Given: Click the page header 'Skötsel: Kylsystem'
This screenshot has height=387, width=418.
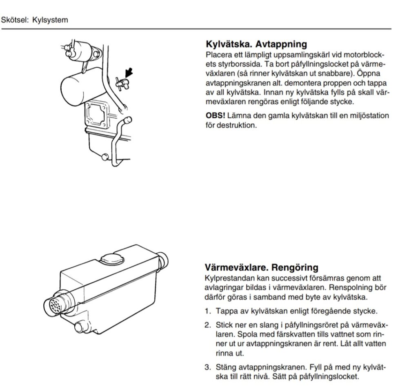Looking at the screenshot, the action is (34, 20).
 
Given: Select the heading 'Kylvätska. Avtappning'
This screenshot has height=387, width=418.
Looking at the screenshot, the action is (256, 44).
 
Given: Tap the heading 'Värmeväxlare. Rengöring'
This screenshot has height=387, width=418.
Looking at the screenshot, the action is (262, 267).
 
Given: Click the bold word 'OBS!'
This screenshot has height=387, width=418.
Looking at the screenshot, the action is (216, 116).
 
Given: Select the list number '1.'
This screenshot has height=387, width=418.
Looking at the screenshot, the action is (208, 311).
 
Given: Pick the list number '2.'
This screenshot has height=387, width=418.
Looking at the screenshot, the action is (208, 325).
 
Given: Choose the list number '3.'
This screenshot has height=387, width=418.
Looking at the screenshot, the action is (208, 367).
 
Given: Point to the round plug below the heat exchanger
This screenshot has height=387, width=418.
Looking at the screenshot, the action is (80, 327).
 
